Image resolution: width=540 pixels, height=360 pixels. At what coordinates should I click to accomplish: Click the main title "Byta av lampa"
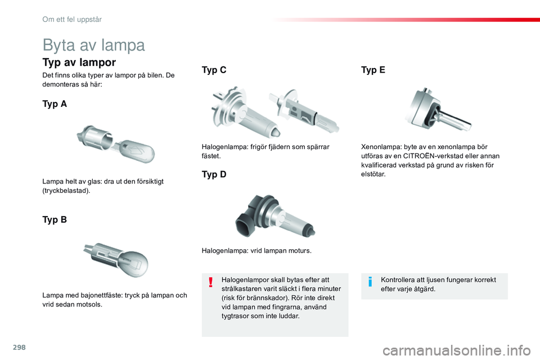point(93,45)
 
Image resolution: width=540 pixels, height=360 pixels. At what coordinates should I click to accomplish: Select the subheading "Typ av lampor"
point(79,62)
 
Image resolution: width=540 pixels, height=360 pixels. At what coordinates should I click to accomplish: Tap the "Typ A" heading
point(55,104)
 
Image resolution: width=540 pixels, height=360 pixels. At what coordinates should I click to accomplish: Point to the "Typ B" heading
point(55,220)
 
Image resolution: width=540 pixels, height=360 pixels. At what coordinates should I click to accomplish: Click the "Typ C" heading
point(214,70)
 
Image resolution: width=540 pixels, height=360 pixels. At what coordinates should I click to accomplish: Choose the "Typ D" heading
point(214,174)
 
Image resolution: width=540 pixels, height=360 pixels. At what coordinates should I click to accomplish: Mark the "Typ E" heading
point(373,70)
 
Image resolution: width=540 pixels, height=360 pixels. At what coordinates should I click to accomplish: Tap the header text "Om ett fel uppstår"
point(71,19)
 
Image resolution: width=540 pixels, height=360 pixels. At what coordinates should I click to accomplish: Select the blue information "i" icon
point(370,281)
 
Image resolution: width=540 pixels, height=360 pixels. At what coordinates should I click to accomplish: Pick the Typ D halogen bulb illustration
point(274,215)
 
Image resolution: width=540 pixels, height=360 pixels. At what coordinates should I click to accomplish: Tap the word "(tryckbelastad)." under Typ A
point(66,191)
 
